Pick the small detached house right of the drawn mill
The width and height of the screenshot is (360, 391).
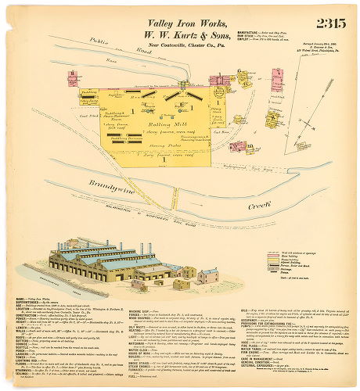[207, 275]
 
